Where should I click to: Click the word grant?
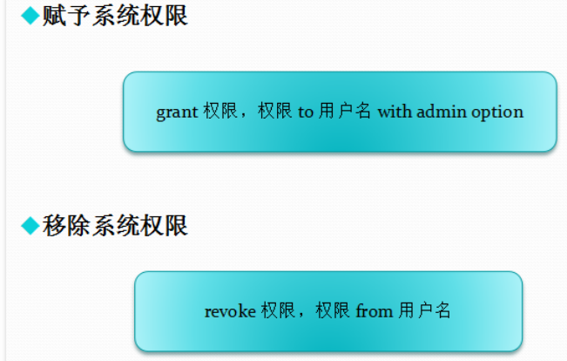178,112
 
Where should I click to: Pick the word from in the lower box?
375,311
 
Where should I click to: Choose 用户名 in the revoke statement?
425,311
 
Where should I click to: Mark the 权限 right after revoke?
278,311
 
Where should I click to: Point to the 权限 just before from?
334,311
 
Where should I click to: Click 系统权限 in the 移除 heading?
139,226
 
